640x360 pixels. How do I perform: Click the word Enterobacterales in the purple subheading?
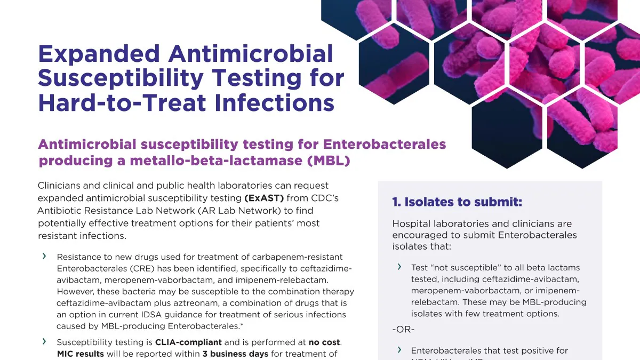(x=385, y=145)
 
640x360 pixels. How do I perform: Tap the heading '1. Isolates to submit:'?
(x=457, y=202)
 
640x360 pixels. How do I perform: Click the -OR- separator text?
(x=403, y=330)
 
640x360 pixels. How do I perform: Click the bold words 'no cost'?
(x=324, y=342)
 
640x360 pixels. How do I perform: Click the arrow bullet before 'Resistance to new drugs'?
(x=44, y=257)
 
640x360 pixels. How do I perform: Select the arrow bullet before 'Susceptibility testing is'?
(x=44, y=341)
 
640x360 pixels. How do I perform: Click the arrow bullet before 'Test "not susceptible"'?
(x=399, y=267)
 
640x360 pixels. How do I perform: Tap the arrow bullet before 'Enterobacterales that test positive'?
(x=399, y=350)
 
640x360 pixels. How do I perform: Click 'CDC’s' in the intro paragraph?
(x=324, y=198)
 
